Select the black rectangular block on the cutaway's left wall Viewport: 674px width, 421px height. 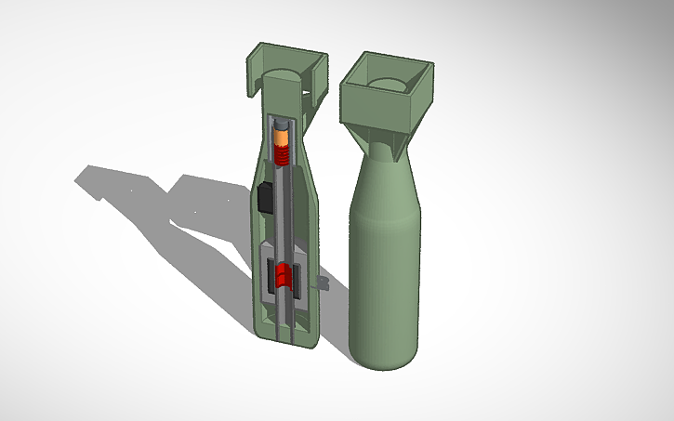click(x=265, y=198)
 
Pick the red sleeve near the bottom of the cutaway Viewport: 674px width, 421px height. click(x=284, y=276)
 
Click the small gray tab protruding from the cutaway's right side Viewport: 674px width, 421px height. click(x=324, y=279)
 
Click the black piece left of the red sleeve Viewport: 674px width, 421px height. click(x=271, y=276)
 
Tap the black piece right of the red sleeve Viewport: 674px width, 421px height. click(x=299, y=280)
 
